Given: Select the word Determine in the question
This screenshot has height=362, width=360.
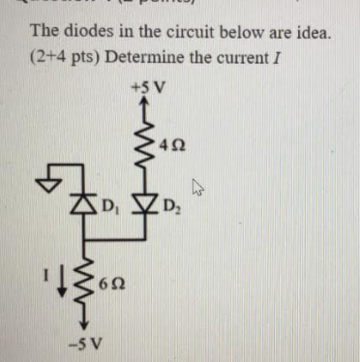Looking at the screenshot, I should [x=143, y=59].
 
